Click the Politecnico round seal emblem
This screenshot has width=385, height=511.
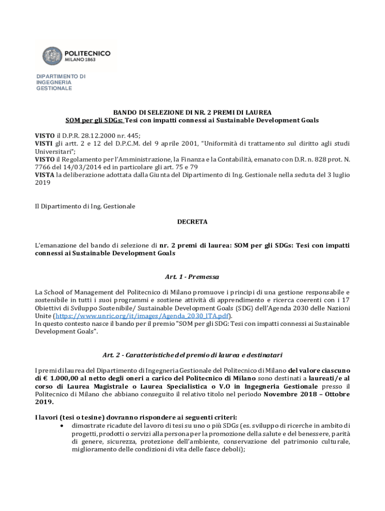point(52,56)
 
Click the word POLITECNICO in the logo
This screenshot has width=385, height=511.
point(88,53)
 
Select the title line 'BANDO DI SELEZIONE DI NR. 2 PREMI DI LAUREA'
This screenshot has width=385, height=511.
point(192,112)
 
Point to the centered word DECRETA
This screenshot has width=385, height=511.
point(192,221)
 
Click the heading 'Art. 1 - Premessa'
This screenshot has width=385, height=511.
point(192,276)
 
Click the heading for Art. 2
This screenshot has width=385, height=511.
point(192,355)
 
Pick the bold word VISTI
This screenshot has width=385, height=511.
point(44,143)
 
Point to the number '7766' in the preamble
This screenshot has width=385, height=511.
point(43,167)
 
